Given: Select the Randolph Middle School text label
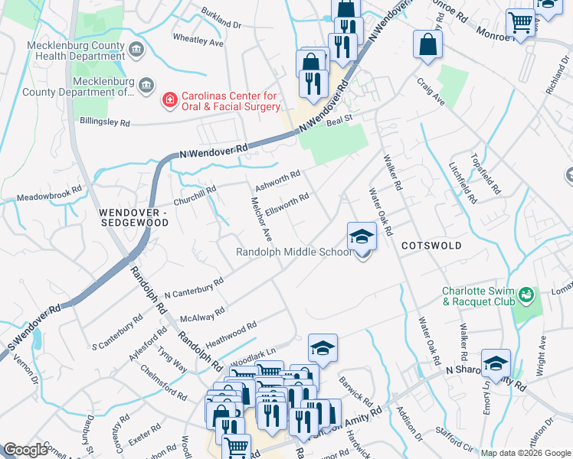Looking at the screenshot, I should (293, 252).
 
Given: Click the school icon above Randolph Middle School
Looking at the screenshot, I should (362, 236).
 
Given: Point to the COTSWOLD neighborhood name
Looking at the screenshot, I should (431, 246).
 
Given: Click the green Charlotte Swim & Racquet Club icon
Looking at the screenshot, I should (526, 295).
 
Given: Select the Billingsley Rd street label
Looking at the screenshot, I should (105, 122).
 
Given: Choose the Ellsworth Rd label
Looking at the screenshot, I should (286, 207).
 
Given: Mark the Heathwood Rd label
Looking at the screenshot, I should (231, 334).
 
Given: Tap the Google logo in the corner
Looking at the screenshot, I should (26, 450).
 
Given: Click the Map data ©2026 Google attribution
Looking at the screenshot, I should (526, 454).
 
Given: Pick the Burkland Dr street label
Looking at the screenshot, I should (221, 19).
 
